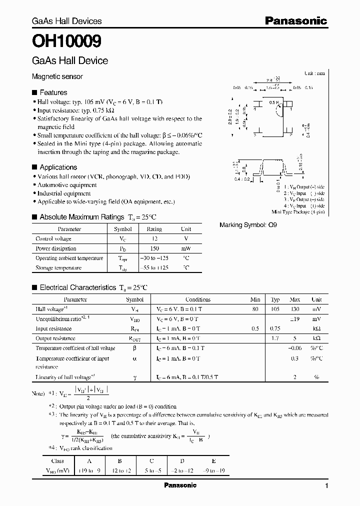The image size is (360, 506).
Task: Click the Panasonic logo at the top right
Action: pyautogui.click(x=295, y=20)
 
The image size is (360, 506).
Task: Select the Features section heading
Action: pyautogui.click(x=53, y=92)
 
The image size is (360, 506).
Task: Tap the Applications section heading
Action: pyautogui.click(x=58, y=167)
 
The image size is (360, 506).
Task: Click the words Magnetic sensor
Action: pyautogui.click(x=57, y=76)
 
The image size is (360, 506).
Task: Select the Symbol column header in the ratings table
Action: pyautogui.click(x=123, y=229)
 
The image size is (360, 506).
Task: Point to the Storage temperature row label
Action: pyautogui.click(x=58, y=268)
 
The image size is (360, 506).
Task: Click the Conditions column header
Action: pyautogui.click(x=198, y=299)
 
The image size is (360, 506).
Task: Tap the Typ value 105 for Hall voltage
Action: pyautogui.click(x=275, y=309)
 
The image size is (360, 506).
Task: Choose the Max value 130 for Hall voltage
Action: pyautogui.click(x=294, y=309)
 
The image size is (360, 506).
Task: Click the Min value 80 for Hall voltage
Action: pyautogui.click(x=255, y=309)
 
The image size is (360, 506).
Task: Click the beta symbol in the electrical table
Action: pyautogui.click(x=134, y=348)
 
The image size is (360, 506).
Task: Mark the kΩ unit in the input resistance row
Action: pyautogui.click(x=316, y=329)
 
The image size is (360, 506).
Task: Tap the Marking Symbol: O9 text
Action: pyautogui.click(x=248, y=225)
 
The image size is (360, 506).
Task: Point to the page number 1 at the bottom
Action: pyautogui.click(x=326, y=486)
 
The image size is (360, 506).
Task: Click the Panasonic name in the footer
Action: pyautogui.click(x=180, y=485)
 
